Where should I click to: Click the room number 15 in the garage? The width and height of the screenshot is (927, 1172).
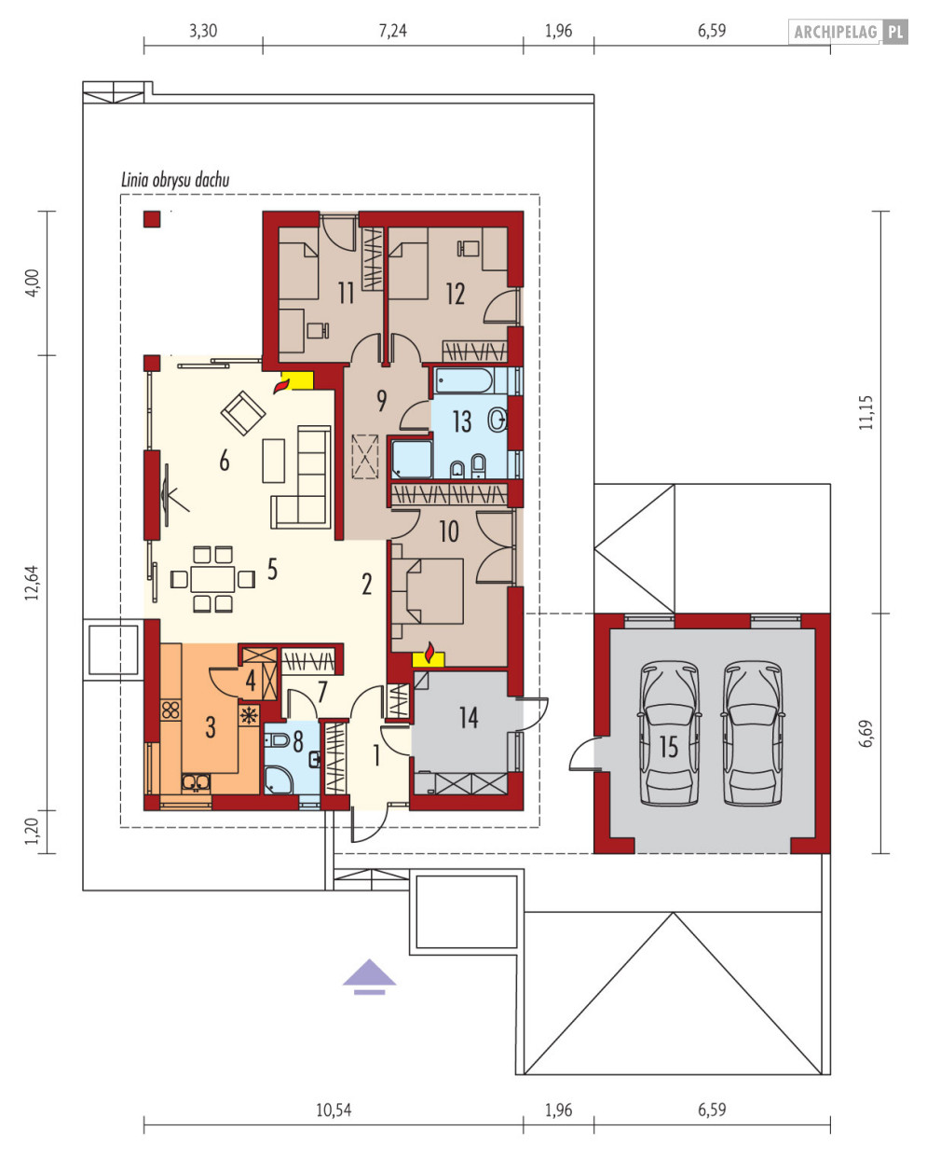pyautogui.click(x=668, y=747)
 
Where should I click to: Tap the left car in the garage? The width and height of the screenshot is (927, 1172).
pyautogui.click(x=669, y=733)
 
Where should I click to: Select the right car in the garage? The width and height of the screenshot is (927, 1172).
pyautogui.click(x=753, y=733)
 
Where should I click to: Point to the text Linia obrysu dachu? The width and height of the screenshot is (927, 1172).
pyautogui.click(x=175, y=180)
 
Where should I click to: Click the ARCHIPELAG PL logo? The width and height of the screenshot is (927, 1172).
pyautogui.click(x=848, y=32)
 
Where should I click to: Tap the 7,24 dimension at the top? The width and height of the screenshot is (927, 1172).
pyautogui.click(x=392, y=31)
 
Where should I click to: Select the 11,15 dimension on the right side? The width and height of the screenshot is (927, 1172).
pyautogui.click(x=866, y=412)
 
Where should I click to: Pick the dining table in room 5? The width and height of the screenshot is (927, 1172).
pyautogui.click(x=212, y=578)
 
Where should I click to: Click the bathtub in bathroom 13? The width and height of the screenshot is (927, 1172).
pyautogui.click(x=464, y=380)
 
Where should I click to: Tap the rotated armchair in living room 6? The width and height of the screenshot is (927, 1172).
pyautogui.click(x=243, y=413)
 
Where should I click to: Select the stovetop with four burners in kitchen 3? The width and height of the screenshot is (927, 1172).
pyautogui.click(x=170, y=710)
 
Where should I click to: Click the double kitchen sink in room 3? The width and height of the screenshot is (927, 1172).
pyautogui.click(x=196, y=782)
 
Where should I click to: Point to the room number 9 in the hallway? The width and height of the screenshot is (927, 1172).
pyautogui.click(x=382, y=401)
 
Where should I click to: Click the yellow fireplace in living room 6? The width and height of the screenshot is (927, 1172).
pyautogui.click(x=297, y=380)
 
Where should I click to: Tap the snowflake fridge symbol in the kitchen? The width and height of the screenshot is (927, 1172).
pyautogui.click(x=249, y=716)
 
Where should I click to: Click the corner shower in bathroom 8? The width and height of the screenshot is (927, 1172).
pyautogui.click(x=279, y=779)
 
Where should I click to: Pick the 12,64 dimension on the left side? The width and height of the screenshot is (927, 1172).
pyautogui.click(x=32, y=583)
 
